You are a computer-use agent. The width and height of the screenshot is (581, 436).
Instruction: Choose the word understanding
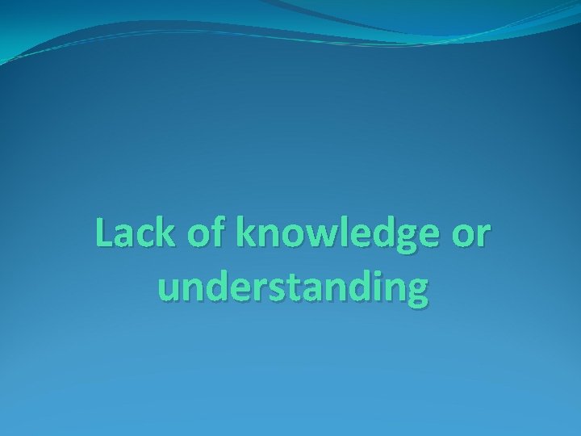pos(290,288)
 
